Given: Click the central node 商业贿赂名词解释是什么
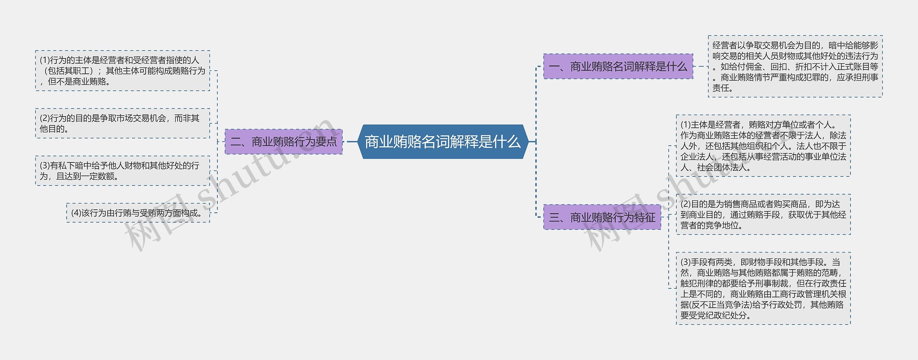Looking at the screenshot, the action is click(x=443, y=142).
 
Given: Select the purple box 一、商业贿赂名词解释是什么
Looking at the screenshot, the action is click(x=618, y=66).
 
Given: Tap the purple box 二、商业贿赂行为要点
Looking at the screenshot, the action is click(x=283, y=142).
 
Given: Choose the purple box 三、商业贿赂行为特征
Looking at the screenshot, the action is click(x=602, y=217).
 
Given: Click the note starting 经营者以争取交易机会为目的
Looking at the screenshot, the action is click(x=795, y=66).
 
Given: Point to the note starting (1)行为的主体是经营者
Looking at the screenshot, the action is click(x=123, y=71).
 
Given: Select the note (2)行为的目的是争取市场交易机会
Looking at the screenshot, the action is click(x=123, y=123).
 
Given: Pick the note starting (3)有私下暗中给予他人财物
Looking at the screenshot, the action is click(x=123, y=171).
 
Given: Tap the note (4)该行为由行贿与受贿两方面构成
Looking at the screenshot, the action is click(x=138, y=213).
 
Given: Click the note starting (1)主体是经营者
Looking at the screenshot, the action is click(x=763, y=146).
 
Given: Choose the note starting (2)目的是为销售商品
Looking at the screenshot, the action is click(x=763, y=214).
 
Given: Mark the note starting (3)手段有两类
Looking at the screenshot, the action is click(x=763, y=289).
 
